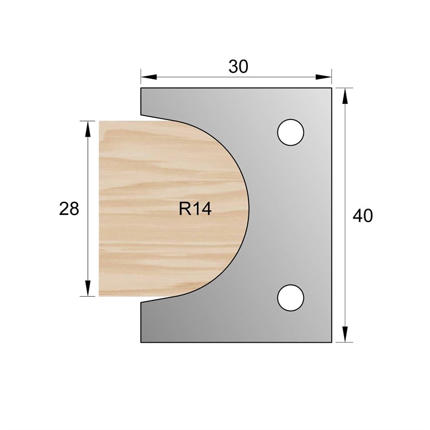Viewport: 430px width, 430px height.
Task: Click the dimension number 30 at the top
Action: pos(238,67)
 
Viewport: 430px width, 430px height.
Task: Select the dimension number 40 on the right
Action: pos(363,216)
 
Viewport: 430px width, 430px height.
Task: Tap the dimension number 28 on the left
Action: pos(69,209)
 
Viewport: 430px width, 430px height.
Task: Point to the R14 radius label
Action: pos(195,209)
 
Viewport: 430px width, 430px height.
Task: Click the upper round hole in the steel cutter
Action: pos(291,131)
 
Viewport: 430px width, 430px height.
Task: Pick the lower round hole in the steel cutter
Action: pos(291,297)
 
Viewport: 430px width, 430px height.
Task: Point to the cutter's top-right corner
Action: pos(331,88)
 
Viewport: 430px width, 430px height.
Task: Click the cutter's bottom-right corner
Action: pos(331,342)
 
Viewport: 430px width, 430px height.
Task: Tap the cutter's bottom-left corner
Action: pos(141,342)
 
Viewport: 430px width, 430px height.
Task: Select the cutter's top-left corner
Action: pos(141,88)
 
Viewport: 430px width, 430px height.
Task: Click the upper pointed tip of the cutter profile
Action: pos(142,116)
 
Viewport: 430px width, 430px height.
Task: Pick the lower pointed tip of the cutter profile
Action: pos(142,302)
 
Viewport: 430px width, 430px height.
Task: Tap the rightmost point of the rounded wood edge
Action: pos(247,209)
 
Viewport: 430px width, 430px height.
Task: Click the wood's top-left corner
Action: pos(100,122)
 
